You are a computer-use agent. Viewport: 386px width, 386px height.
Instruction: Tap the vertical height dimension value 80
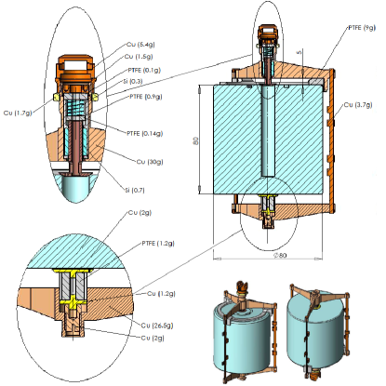coord(196,141)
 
